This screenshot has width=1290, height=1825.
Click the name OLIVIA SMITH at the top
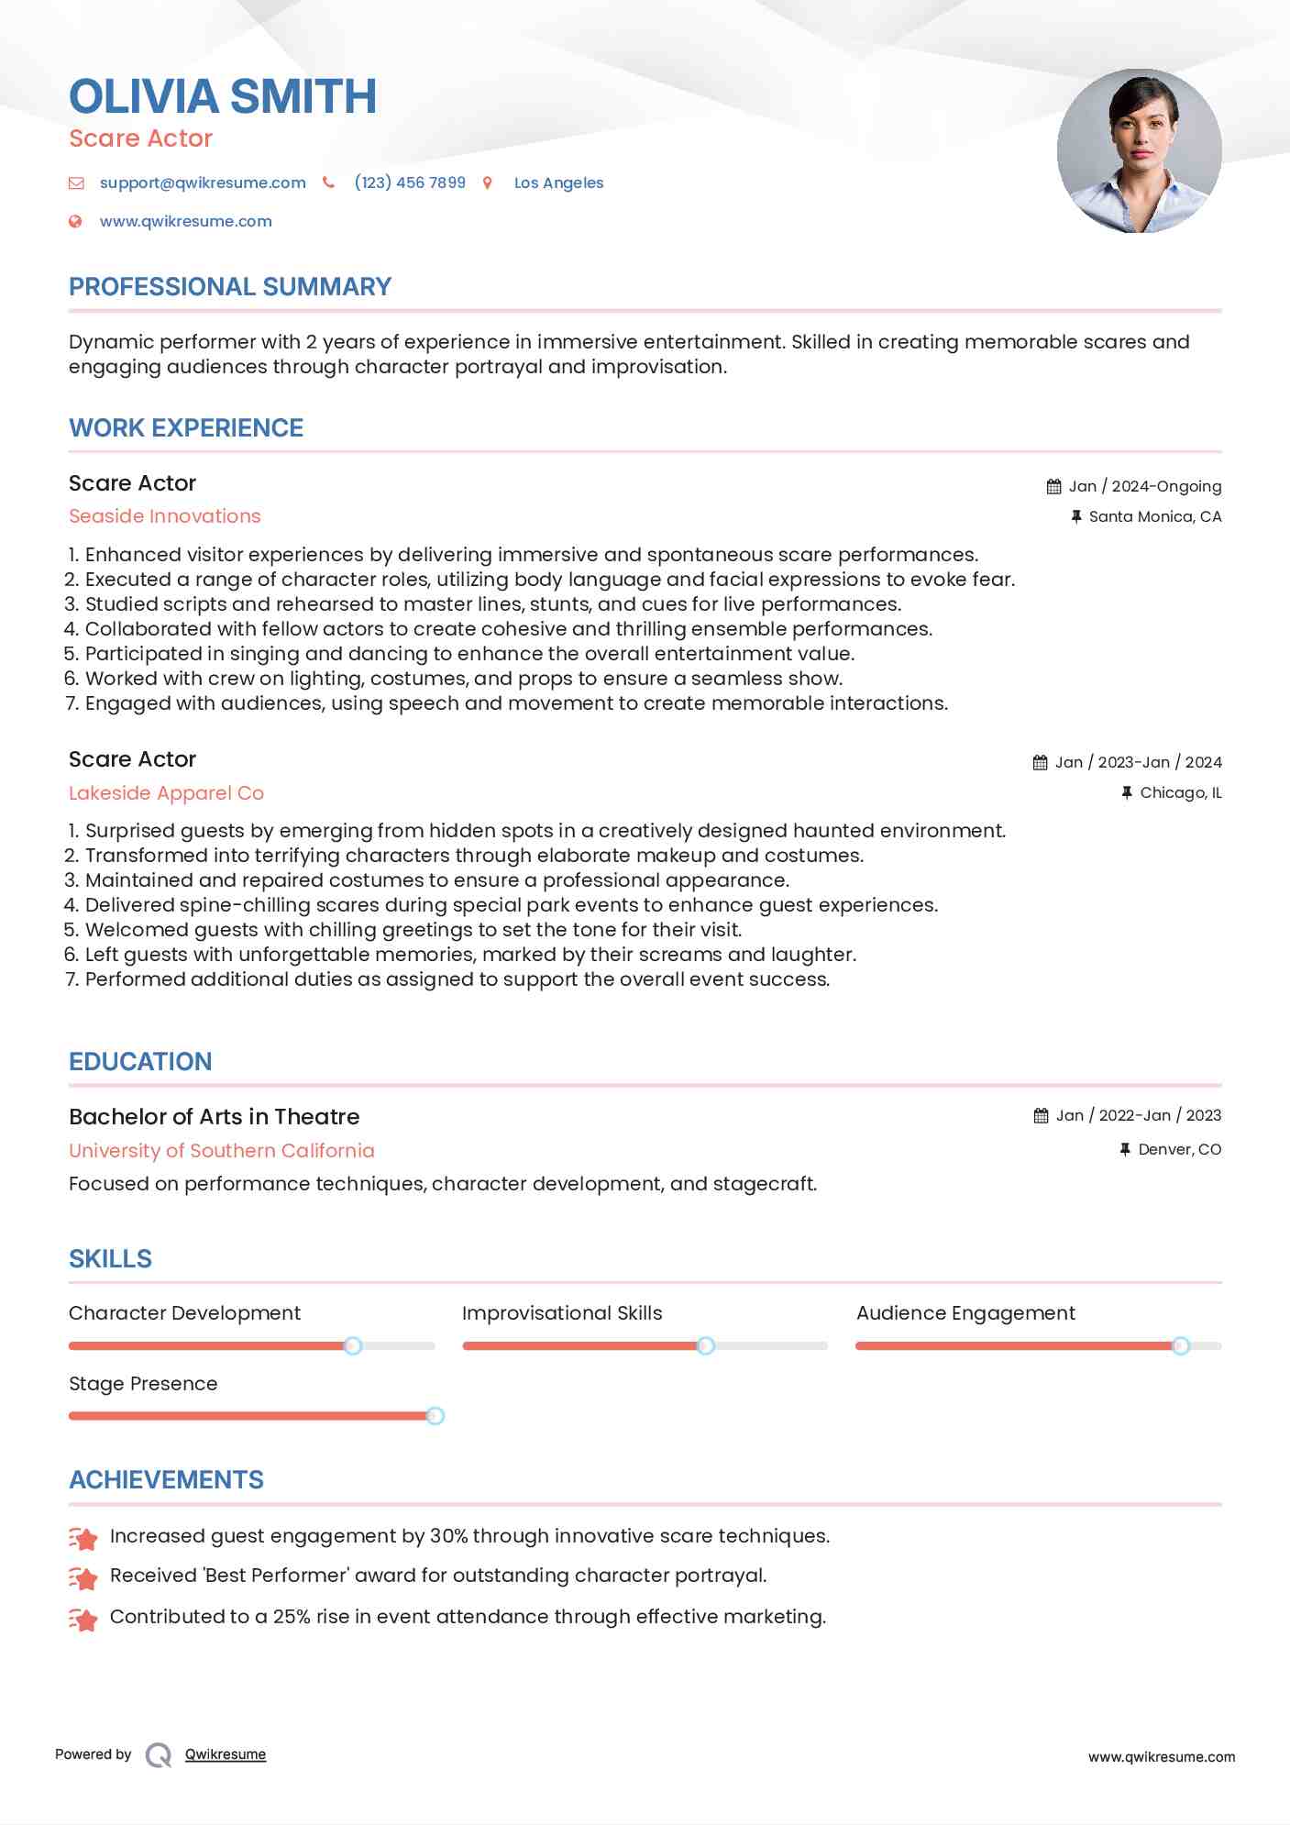[x=223, y=96]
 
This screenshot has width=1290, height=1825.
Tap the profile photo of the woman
[x=1139, y=151]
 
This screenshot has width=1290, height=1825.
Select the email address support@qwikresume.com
[x=203, y=182]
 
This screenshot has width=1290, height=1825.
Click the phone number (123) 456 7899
[x=410, y=182]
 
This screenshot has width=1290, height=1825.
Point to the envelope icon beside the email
[x=76, y=183]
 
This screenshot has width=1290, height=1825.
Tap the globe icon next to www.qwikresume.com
[x=76, y=221]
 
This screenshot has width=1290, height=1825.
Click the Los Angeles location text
[x=558, y=182]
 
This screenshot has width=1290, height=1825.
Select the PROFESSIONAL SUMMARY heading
[x=230, y=287]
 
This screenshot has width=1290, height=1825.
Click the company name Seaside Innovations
[x=165, y=516]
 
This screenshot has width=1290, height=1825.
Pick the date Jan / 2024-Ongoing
[x=1144, y=486]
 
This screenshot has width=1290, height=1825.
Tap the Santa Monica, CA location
[x=1154, y=516]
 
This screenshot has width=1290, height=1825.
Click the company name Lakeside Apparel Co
[x=166, y=793]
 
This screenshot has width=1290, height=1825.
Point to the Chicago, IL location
[x=1180, y=792]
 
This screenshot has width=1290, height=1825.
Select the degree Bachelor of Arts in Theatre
[x=214, y=1116]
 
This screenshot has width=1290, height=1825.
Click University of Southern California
[x=222, y=1150]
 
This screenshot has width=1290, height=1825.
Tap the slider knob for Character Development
[x=353, y=1345]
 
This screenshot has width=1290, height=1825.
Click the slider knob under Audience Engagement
[x=1181, y=1345]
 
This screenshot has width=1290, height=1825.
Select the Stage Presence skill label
[x=143, y=1383]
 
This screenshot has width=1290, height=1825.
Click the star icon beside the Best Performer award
[x=83, y=1577]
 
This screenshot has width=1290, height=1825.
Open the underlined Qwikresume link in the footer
[x=226, y=1754]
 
